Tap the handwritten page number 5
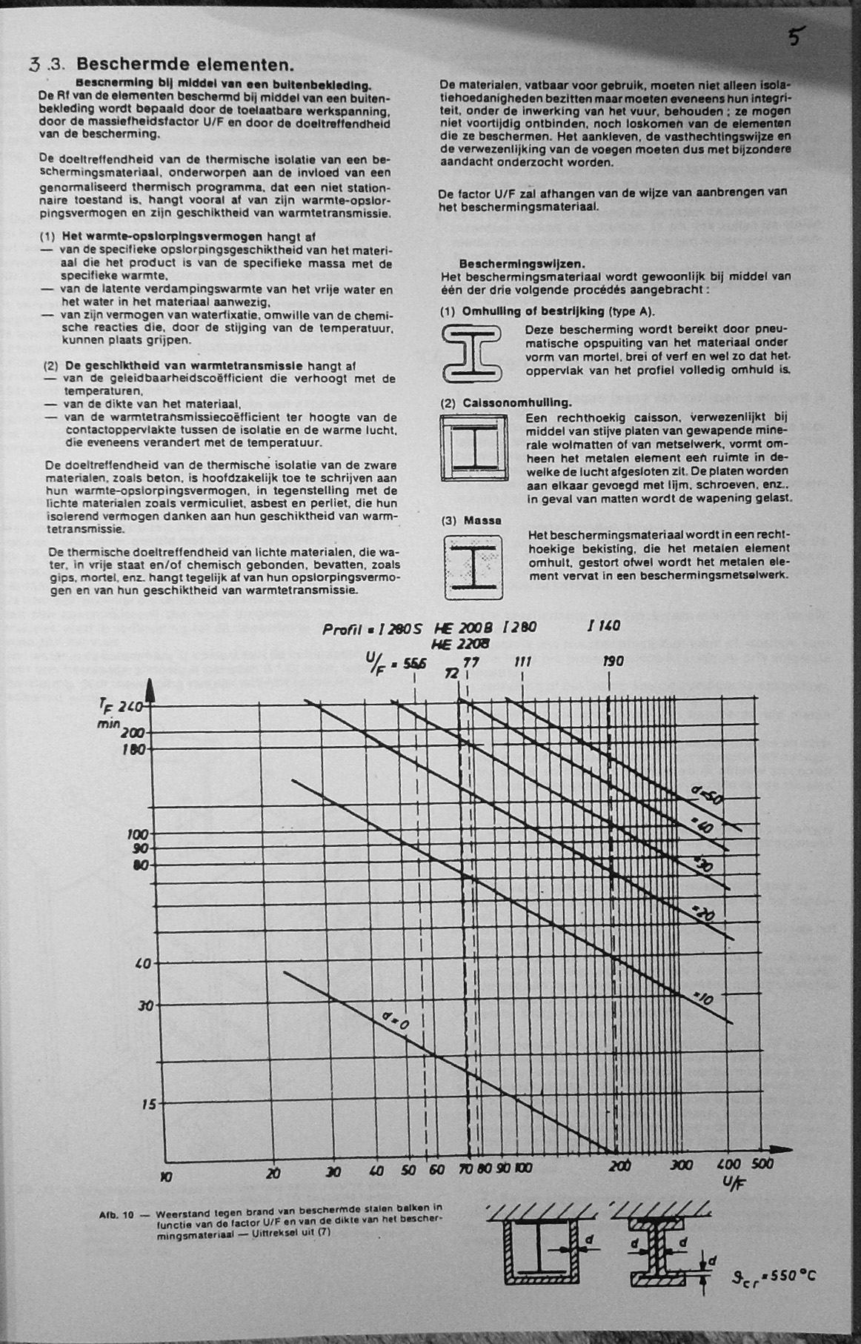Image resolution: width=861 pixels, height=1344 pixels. (x=795, y=36)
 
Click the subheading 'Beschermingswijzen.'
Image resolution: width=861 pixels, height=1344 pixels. (x=522, y=263)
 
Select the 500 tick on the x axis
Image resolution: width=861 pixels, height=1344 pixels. (x=762, y=1164)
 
